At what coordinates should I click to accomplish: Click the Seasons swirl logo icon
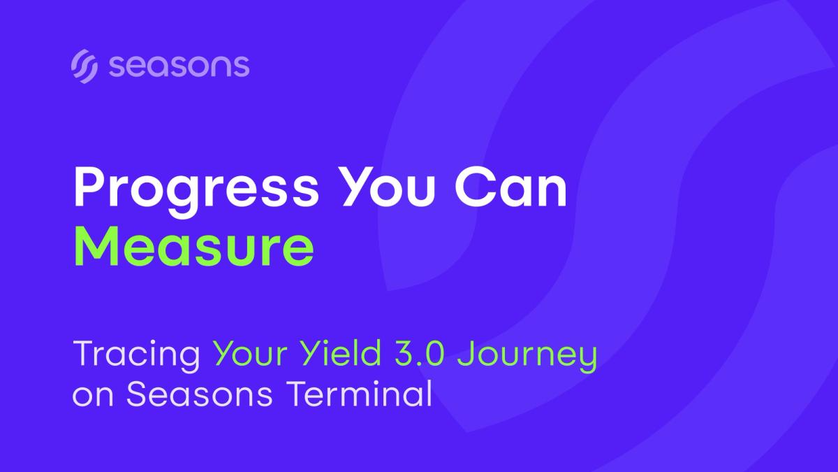point(84,66)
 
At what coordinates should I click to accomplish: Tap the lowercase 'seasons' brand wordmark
point(179,66)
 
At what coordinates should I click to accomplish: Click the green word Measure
point(194,245)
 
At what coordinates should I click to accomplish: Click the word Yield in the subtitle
point(341,352)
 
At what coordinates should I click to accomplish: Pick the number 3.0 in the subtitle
point(420,353)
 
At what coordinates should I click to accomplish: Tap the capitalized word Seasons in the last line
point(200,393)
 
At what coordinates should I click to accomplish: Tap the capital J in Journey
point(466,353)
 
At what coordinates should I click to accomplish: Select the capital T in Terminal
point(297,393)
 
